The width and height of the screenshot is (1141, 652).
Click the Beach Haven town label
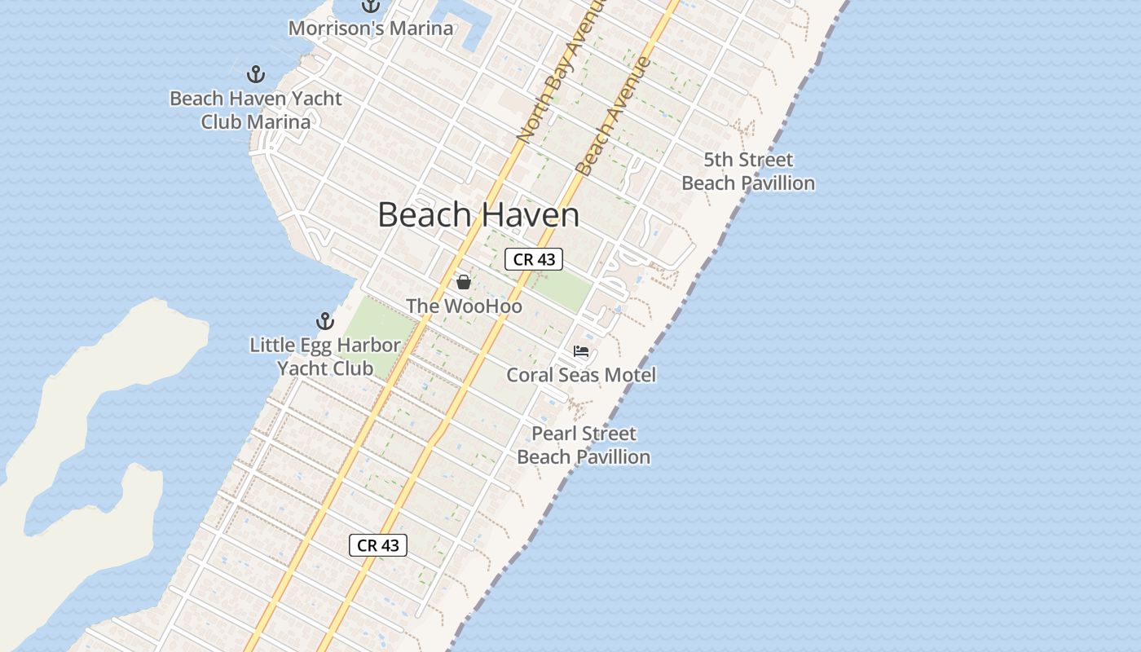(x=478, y=215)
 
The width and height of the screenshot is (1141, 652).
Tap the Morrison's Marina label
(x=371, y=29)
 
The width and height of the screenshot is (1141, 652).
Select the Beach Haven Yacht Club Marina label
(x=256, y=110)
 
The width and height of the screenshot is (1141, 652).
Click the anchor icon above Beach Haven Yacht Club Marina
(x=256, y=75)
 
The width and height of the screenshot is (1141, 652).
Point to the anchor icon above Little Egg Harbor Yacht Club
(x=325, y=321)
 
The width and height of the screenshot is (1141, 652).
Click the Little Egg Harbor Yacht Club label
(x=325, y=357)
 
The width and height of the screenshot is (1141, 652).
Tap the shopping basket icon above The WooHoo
(x=464, y=282)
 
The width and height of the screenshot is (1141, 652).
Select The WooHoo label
(x=464, y=306)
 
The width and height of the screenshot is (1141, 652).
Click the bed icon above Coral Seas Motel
(x=581, y=351)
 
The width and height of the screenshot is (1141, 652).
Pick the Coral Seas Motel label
(x=581, y=375)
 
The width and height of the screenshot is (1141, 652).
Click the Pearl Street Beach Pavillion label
(x=584, y=445)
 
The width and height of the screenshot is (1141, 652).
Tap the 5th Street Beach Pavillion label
(x=748, y=171)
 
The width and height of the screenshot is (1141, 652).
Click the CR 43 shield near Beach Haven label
(x=534, y=259)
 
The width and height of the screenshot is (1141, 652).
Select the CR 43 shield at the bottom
(x=378, y=545)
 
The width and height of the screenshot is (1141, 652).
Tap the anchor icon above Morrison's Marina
(x=371, y=5)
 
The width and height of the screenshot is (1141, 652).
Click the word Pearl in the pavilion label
(x=553, y=434)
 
